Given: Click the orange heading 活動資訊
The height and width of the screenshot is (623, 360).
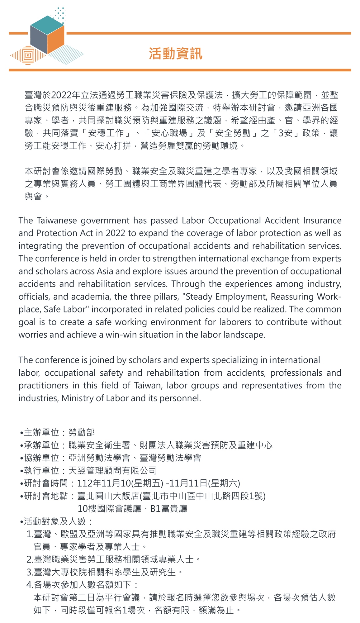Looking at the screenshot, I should click(x=176, y=54).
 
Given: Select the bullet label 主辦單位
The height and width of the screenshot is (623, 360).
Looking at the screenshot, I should click(x=41, y=432).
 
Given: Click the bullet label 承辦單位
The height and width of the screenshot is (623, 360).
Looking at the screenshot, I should click(x=41, y=445).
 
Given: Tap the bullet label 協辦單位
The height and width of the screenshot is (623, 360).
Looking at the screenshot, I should click(x=41, y=458).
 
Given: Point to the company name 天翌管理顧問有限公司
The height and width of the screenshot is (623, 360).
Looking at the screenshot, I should click(x=112, y=471).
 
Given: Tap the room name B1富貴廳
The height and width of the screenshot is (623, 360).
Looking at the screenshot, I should click(x=169, y=509).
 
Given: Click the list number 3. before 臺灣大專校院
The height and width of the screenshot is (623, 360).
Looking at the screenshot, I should click(x=30, y=572).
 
